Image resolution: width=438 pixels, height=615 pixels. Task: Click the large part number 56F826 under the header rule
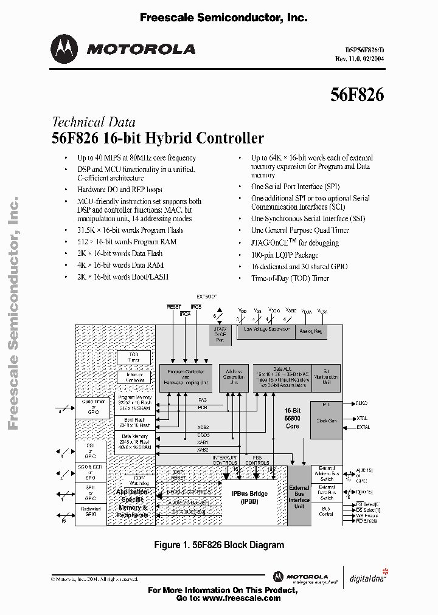[x=357, y=95]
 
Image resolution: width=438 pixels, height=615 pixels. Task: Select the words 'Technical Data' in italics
[x=94, y=122]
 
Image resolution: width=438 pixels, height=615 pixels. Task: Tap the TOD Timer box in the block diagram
[x=134, y=357]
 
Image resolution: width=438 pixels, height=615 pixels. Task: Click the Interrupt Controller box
[x=134, y=377]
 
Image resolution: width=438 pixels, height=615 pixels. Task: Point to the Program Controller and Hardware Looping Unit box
[x=186, y=378]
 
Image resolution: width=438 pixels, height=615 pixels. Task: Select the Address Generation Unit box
[x=234, y=377]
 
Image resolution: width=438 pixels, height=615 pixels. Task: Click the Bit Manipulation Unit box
[x=327, y=377]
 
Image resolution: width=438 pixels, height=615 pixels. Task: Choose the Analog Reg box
[x=311, y=332]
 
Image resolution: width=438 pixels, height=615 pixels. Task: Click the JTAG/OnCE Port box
[x=220, y=335]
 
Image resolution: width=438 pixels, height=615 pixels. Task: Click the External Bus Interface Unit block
[x=299, y=496]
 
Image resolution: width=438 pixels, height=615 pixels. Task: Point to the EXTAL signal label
[x=363, y=427]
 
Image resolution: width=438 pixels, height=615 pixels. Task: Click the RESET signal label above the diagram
[x=174, y=307]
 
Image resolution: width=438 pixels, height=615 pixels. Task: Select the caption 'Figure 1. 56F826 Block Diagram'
[x=219, y=545]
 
